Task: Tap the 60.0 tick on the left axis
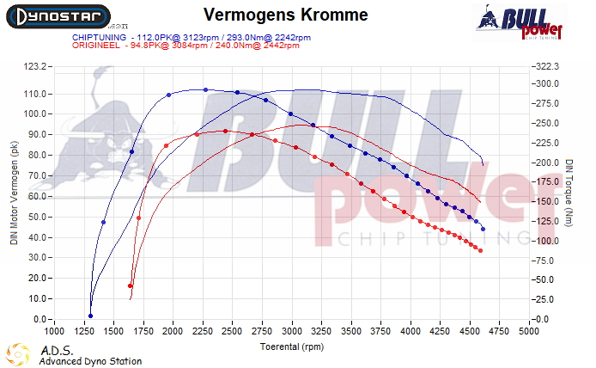[x=36, y=196]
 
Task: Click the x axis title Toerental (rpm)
[x=292, y=347]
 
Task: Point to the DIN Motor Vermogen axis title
[x=14, y=193]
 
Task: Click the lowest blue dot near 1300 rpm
[x=90, y=316]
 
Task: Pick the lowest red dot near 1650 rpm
[x=131, y=286]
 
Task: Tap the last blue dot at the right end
[x=483, y=229]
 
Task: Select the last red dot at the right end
[x=481, y=250]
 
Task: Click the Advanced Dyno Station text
[x=90, y=361]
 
